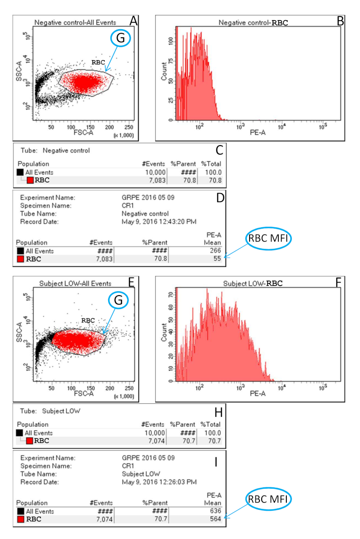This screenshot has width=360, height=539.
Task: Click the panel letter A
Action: point(133,20)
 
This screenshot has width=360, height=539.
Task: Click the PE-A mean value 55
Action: point(217,260)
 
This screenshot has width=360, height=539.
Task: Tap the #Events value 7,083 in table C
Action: point(154,181)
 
